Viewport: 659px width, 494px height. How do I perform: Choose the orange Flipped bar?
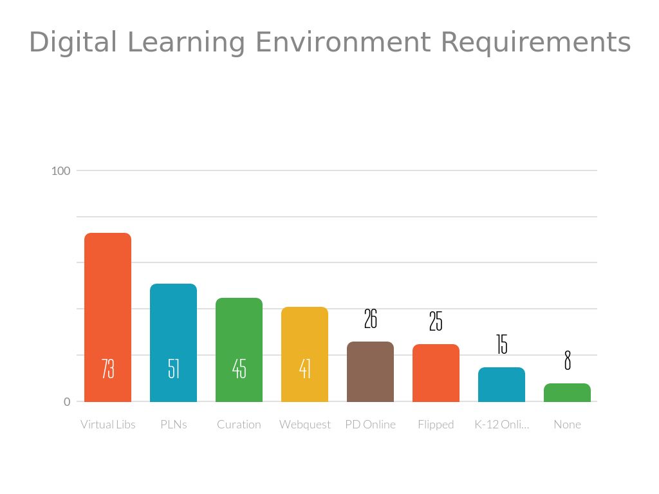[436, 373]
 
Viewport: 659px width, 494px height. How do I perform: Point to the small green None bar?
[567, 392]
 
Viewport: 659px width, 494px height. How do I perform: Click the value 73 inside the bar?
[107, 369]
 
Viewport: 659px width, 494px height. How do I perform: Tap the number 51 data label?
[173, 369]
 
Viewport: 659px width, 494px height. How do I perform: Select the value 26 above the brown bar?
[370, 318]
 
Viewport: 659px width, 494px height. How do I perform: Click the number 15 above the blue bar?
[502, 345]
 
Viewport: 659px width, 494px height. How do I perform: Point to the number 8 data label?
[567, 361]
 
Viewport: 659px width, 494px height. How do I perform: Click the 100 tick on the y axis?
[60, 171]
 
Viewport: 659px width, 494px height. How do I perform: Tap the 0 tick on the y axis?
[67, 402]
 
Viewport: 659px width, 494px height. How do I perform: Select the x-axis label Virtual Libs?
[107, 425]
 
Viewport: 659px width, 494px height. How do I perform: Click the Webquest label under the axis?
[304, 425]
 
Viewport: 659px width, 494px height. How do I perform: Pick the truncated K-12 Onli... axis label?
[502, 425]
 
